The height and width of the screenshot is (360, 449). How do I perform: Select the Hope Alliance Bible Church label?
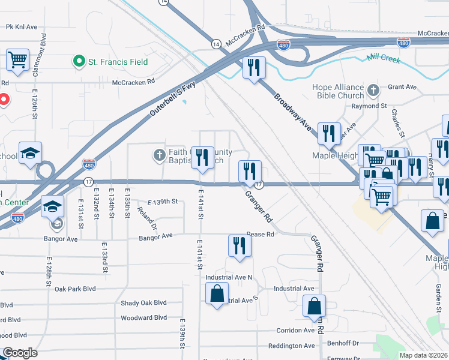338,91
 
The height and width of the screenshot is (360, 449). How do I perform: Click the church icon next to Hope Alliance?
373,91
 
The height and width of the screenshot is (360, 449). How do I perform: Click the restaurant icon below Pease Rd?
240,246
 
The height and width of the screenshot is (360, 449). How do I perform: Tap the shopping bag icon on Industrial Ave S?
217,294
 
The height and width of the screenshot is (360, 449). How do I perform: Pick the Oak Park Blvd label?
75,289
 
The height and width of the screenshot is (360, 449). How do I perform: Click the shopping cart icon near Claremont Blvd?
18,60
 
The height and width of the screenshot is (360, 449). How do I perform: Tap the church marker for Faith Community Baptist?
160,155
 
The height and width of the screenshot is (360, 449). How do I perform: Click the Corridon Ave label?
295,330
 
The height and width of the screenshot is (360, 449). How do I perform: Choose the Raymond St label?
369,106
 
